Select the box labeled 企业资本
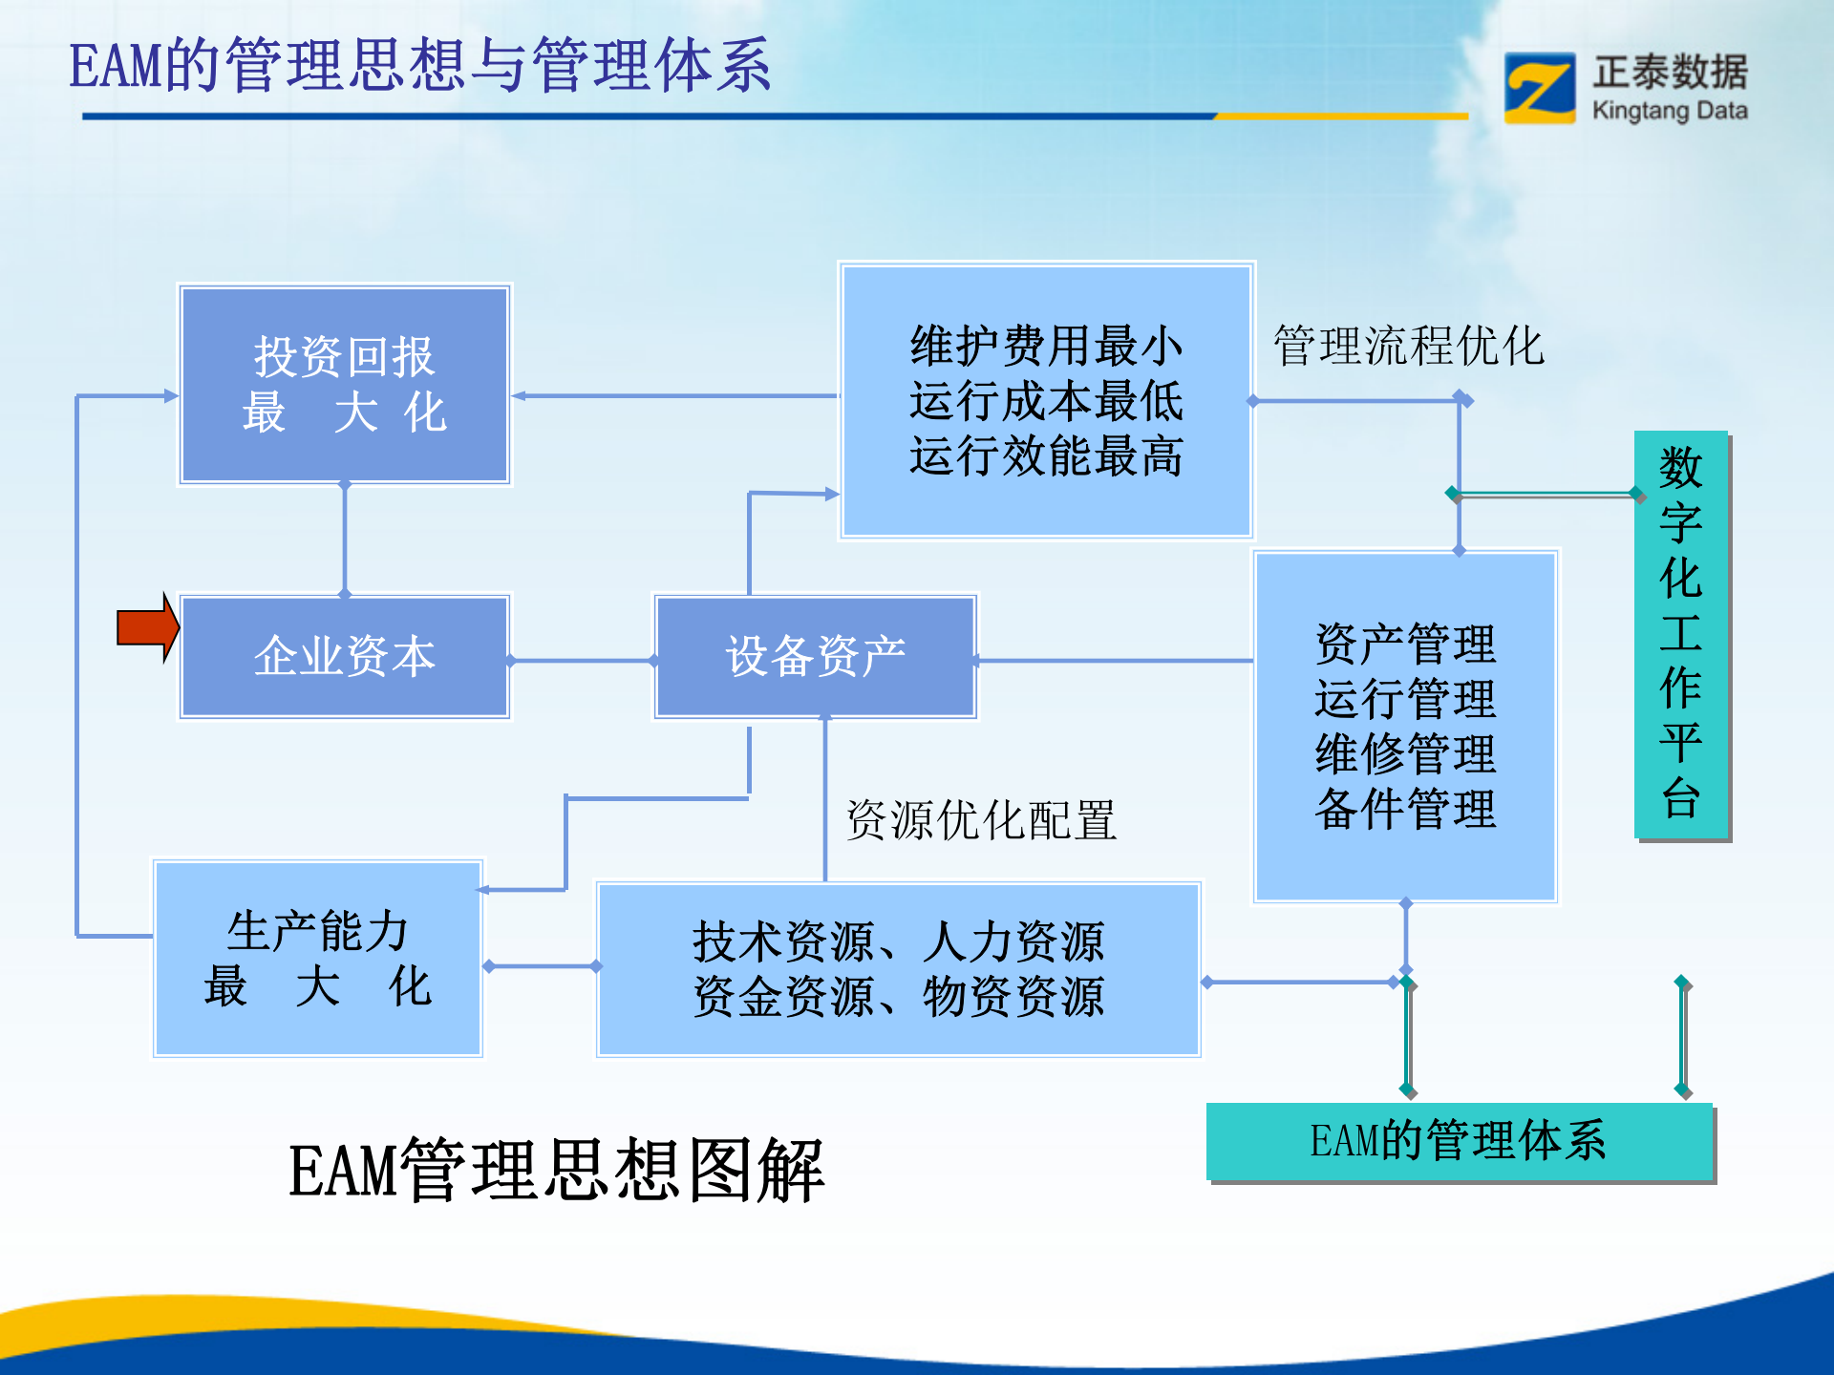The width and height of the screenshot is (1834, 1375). (344, 657)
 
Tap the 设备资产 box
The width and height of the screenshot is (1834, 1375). (816, 657)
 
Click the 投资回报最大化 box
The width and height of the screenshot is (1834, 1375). (344, 385)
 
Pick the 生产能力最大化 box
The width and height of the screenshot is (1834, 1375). (317, 959)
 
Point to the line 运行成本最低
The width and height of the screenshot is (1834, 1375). (1046, 401)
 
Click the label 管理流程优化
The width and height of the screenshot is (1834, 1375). (1408, 346)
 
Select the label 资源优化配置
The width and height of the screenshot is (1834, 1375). (981, 820)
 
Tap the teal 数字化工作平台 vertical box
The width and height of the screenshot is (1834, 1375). (1681, 634)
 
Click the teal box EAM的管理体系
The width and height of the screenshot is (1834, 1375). (1459, 1141)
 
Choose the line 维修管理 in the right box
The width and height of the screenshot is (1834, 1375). (1405, 754)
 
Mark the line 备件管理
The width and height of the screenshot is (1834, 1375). (1405, 810)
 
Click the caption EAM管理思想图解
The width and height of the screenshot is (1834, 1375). (556, 1171)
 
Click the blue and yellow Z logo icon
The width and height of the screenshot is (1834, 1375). (1539, 88)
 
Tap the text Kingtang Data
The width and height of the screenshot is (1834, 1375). (1670, 111)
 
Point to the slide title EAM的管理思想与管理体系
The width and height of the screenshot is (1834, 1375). (420, 67)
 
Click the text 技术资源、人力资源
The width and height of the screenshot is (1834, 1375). (898, 942)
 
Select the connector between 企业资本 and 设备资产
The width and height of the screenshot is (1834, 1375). (581, 660)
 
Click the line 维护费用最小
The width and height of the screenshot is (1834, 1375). (1046, 346)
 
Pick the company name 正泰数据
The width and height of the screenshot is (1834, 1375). (1670, 72)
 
